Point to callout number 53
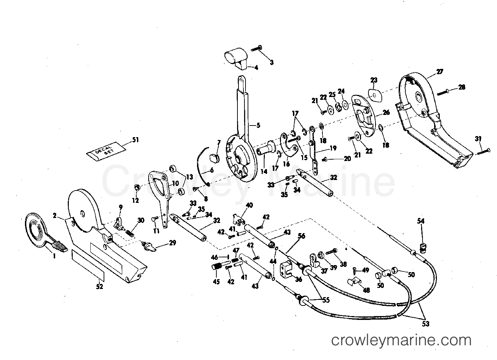tap(426, 324)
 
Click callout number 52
tap(100, 287)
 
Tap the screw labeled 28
tap(443, 92)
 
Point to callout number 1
tap(54, 256)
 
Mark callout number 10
tap(175, 184)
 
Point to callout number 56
tap(301, 236)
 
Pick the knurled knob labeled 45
tap(217, 266)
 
